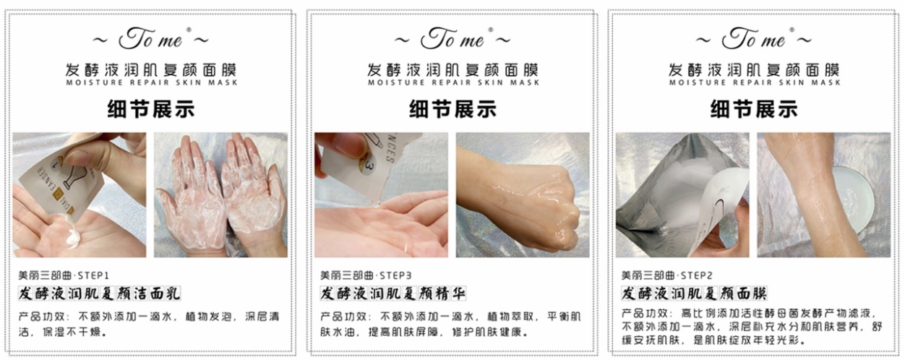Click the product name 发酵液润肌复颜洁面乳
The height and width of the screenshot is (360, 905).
[x=98, y=293]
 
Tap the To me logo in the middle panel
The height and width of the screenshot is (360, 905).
[x=453, y=38]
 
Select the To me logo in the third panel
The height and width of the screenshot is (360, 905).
[x=755, y=38]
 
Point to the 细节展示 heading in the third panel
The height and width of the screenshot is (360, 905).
[x=755, y=109]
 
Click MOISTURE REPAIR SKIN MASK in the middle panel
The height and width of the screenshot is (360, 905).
[x=453, y=83]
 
